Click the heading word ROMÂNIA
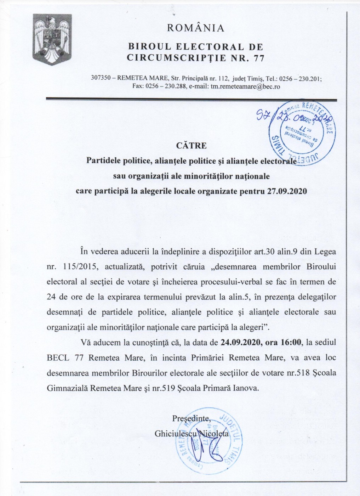pos(195,28)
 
